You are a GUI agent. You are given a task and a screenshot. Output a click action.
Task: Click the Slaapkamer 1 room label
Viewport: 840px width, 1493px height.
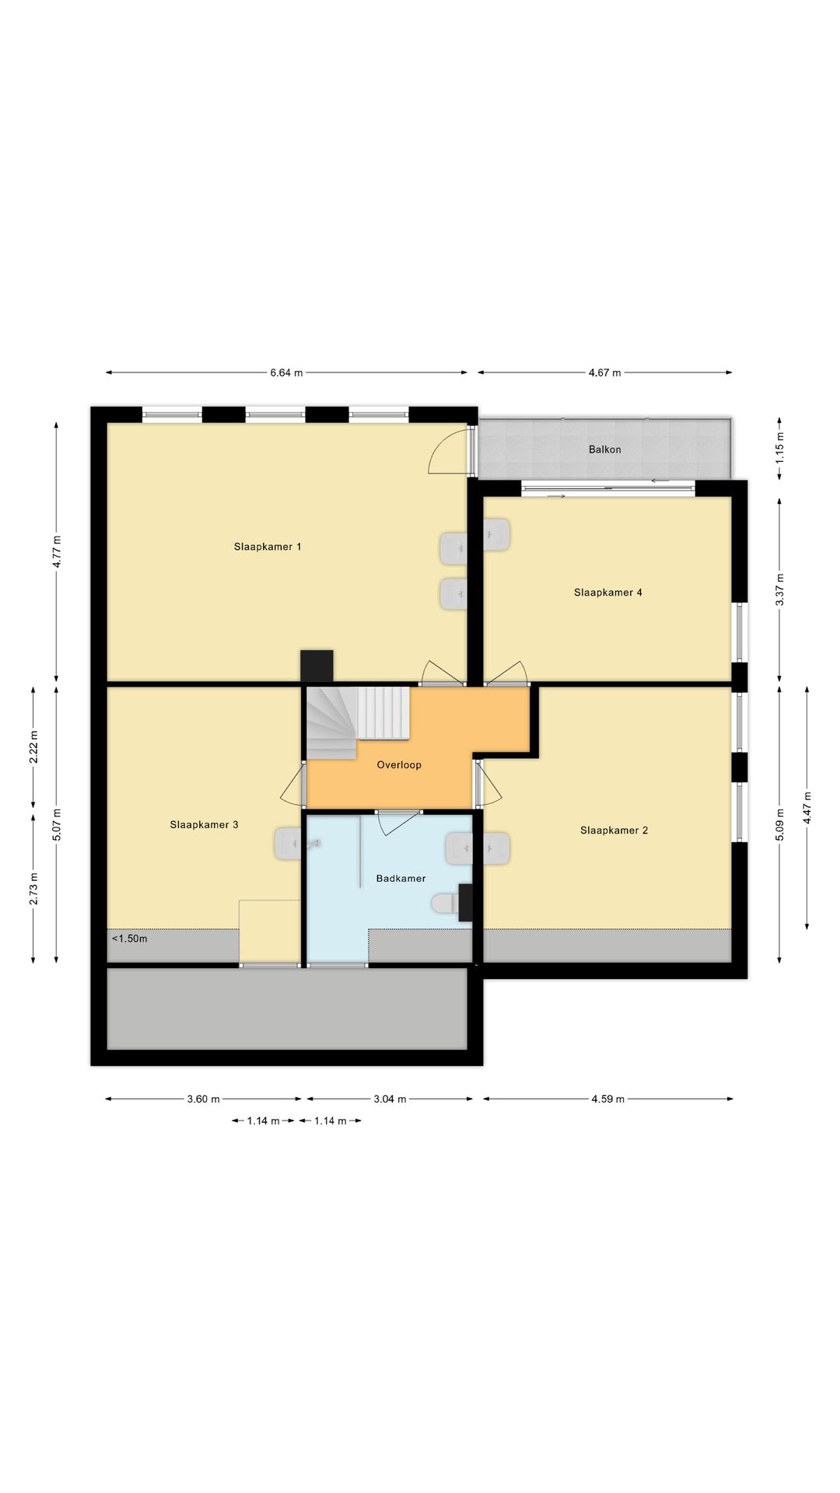click(x=268, y=547)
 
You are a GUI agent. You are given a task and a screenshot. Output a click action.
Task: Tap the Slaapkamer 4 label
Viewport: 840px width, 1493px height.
click(x=608, y=593)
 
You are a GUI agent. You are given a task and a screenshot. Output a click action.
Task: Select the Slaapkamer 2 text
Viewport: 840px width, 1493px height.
click(x=614, y=830)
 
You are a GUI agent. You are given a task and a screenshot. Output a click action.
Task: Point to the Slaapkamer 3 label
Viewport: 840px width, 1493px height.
click(x=204, y=825)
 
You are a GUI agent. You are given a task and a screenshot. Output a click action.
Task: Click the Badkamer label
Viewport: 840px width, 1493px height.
click(x=401, y=879)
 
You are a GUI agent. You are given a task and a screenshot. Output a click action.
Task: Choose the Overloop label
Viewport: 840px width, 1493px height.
click(x=399, y=765)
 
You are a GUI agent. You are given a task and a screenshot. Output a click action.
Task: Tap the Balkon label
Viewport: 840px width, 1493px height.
click(x=605, y=449)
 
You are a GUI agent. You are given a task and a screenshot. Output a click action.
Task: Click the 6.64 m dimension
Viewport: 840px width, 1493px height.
click(x=286, y=373)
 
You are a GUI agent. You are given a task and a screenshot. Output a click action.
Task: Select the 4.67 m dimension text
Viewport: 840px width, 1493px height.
click(x=604, y=373)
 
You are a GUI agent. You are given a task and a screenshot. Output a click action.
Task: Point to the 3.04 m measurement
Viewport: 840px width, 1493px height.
click(x=390, y=1100)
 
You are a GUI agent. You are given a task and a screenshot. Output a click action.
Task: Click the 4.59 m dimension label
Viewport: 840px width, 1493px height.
click(x=607, y=1100)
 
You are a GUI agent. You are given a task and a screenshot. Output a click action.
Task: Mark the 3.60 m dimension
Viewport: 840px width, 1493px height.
click(x=203, y=1100)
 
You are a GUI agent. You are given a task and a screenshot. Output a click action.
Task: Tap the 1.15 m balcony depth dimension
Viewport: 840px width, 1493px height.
click(x=780, y=447)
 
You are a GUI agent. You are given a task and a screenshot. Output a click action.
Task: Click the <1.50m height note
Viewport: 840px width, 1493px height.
click(x=129, y=939)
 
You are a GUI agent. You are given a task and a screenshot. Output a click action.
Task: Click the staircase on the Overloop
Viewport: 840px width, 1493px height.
click(x=357, y=722)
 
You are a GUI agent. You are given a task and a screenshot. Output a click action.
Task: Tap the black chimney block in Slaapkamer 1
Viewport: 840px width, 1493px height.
click(x=317, y=666)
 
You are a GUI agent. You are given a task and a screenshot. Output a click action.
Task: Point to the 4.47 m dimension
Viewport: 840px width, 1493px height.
click(x=807, y=808)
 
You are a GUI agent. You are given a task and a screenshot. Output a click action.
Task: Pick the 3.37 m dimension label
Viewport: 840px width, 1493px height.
click(x=780, y=589)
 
